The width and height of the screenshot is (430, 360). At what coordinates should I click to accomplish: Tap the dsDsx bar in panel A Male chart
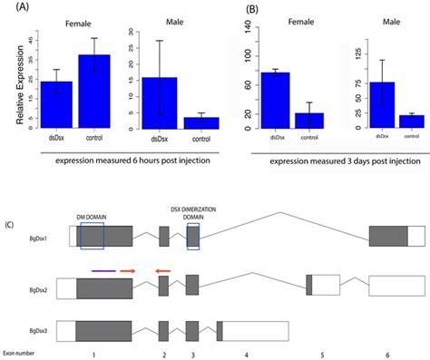click(x=160, y=104)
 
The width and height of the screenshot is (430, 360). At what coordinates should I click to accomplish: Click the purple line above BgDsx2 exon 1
click(x=102, y=270)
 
